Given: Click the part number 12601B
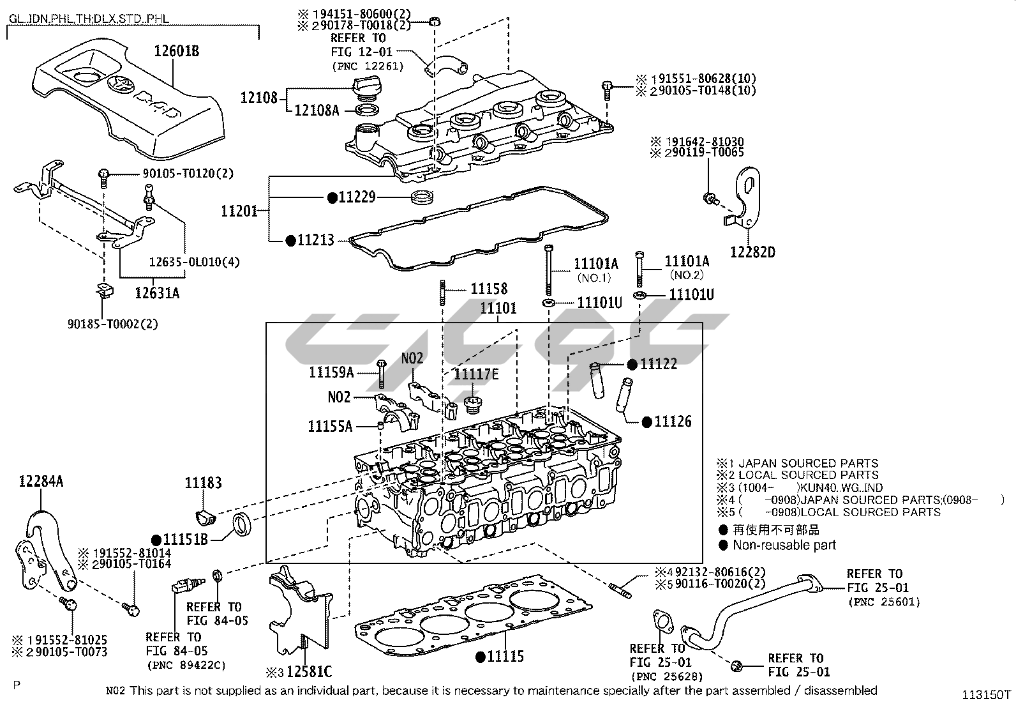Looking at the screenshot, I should (x=176, y=51).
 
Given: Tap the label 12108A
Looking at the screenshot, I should (x=317, y=110).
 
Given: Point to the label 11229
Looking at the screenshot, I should (x=357, y=197).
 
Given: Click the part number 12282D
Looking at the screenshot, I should (x=752, y=252).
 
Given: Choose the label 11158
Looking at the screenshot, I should (x=489, y=289).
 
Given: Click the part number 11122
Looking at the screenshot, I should (x=659, y=364).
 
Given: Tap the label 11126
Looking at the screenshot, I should (x=673, y=422).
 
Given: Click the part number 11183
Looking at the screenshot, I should (x=204, y=483).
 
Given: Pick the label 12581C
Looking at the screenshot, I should (x=309, y=672).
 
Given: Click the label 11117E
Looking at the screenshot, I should (x=475, y=374).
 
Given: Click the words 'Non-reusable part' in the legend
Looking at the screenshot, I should (x=784, y=546).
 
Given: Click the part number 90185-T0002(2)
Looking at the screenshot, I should (x=113, y=324).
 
